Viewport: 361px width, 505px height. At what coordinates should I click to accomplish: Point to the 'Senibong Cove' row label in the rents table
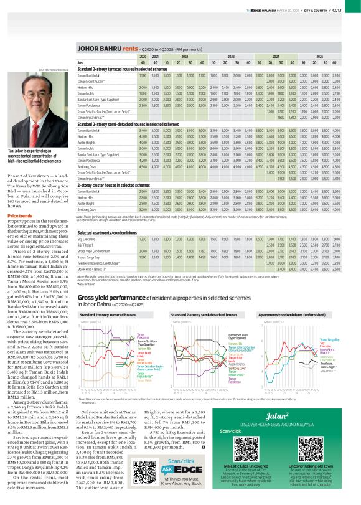tap(88, 167)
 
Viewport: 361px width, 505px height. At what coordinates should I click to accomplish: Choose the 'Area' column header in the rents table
tap(80, 63)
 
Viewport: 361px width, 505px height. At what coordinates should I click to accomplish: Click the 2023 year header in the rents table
tap(230, 56)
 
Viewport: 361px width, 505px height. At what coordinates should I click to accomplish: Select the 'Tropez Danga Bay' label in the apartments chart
tap(329, 340)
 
